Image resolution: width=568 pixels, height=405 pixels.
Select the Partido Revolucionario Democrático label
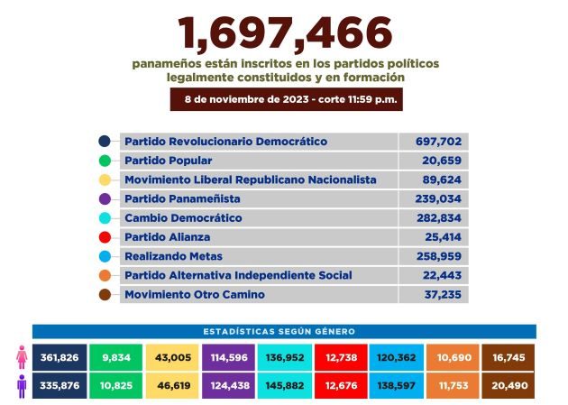[x=225, y=142]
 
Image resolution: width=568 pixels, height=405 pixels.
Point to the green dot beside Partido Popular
[x=105, y=161]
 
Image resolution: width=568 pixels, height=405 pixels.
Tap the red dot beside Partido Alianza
[x=105, y=237]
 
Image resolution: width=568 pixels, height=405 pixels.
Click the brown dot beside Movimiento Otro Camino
[x=105, y=295]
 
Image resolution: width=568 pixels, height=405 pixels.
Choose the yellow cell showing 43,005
[x=173, y=358]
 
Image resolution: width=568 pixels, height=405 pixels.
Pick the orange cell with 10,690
[x=453, y=358]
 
